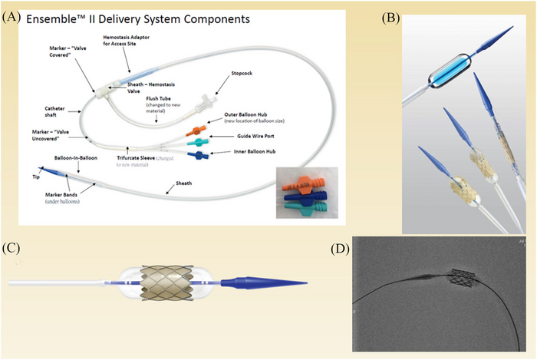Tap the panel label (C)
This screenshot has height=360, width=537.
coord(12,248)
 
